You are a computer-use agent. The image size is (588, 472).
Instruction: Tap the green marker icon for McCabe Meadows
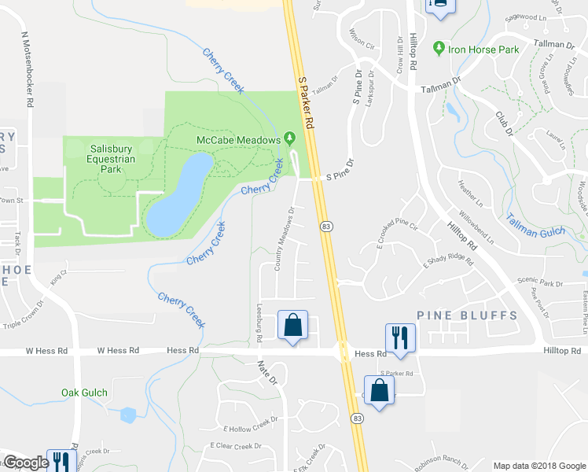tap(289, 139)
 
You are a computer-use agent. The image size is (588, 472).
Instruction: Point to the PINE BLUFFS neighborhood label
tap(467, 315)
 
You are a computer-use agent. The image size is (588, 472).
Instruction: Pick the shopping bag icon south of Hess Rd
tap(379, 389)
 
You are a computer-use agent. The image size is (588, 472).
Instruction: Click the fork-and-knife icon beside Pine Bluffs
tap(399, 337)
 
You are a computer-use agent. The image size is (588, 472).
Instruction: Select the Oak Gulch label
tap(84, 392)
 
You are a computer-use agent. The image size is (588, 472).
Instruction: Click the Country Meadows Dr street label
tap(285, 239)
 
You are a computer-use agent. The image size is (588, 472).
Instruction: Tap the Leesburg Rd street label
tap(259, 323)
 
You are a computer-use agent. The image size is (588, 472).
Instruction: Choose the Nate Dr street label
tap(268, 371)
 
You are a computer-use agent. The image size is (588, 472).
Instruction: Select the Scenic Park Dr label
tap(539, 282)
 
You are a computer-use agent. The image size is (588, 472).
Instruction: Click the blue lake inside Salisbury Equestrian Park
tap(178, 197)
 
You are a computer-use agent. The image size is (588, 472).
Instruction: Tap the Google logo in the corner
tap(26, 463)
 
